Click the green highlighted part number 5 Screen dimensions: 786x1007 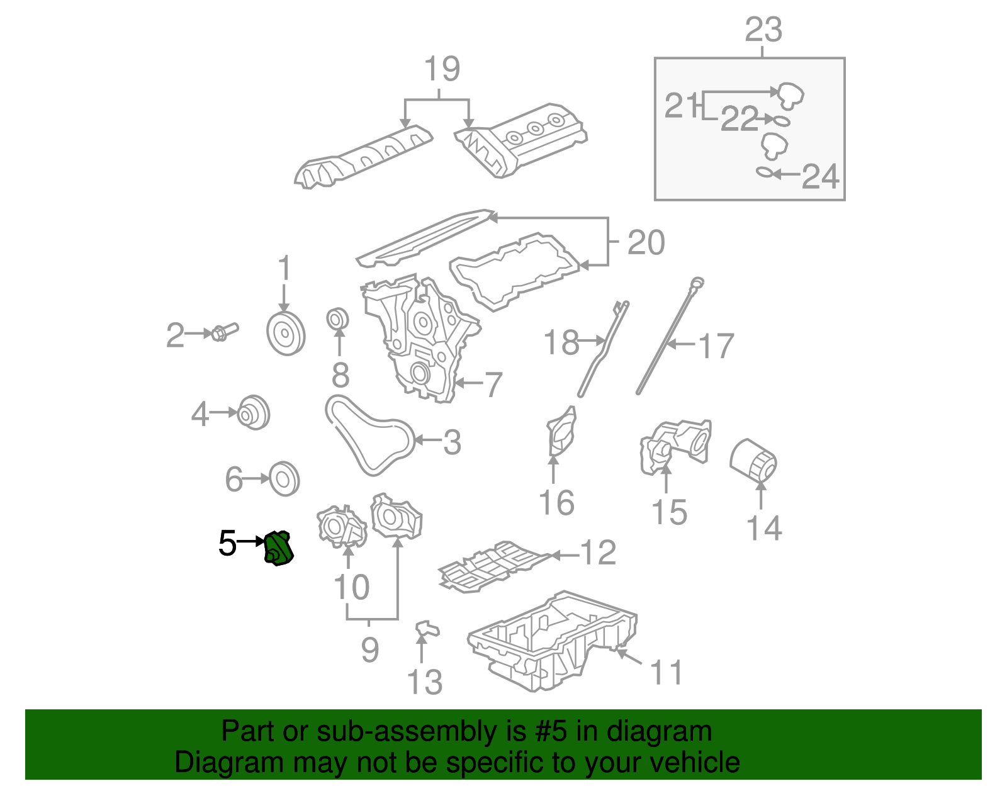point(279,548)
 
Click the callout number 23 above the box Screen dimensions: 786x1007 point(763,30)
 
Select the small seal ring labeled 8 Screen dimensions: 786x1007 point(339,319)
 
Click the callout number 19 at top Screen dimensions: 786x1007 point(441,69)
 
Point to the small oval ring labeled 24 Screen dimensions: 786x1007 point(764,172)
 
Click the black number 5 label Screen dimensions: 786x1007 point(227,543)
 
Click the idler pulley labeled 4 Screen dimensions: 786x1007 point(254,413)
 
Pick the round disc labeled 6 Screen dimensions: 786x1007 point(284,479)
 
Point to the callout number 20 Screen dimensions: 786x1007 point(646,242)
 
